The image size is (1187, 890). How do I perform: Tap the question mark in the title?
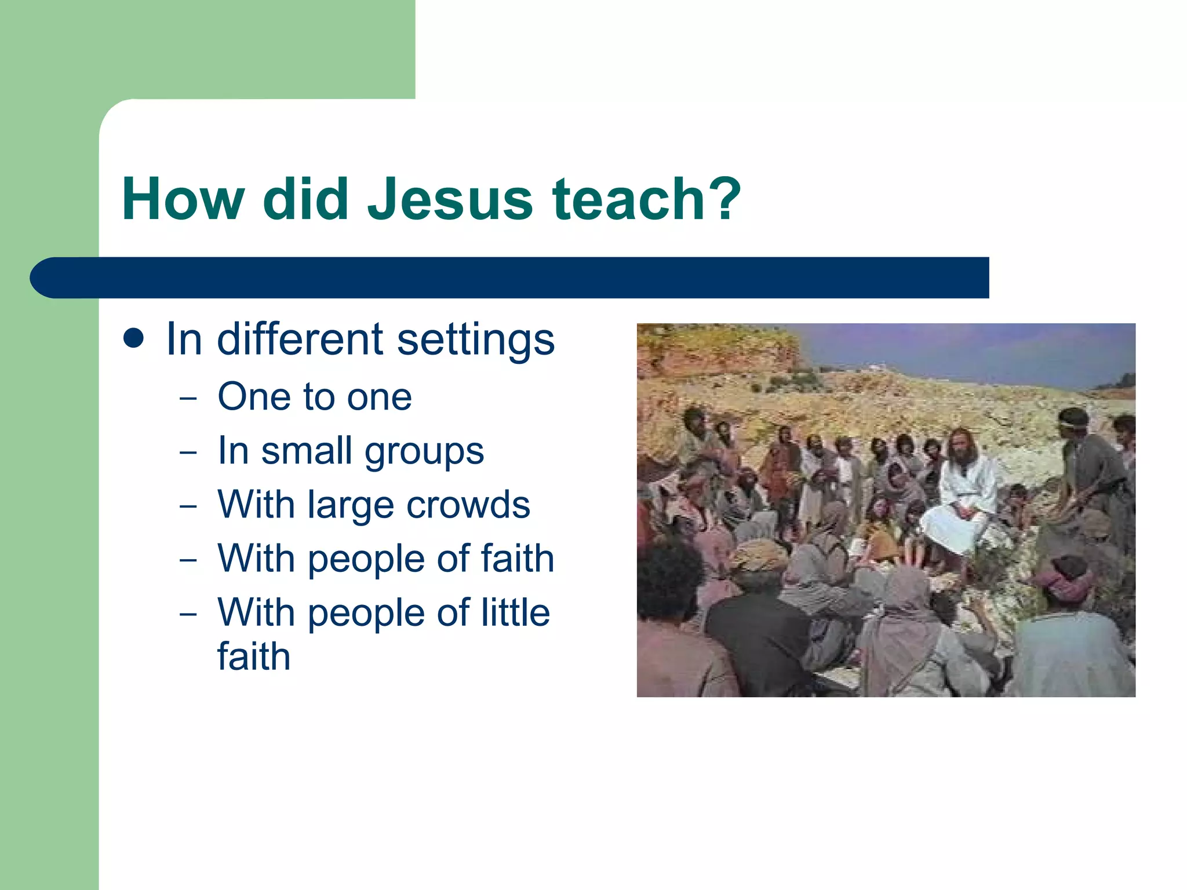tap(724, 199)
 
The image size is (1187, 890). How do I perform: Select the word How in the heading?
tap(183, 199)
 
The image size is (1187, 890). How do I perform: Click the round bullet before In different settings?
tap(134, 338)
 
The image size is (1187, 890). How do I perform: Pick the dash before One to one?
tap(188, 399)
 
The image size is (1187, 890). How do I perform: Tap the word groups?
tap(424, 452)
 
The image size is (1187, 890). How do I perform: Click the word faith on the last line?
tap(253, 656)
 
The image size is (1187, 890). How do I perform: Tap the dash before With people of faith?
tap(188, 560)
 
